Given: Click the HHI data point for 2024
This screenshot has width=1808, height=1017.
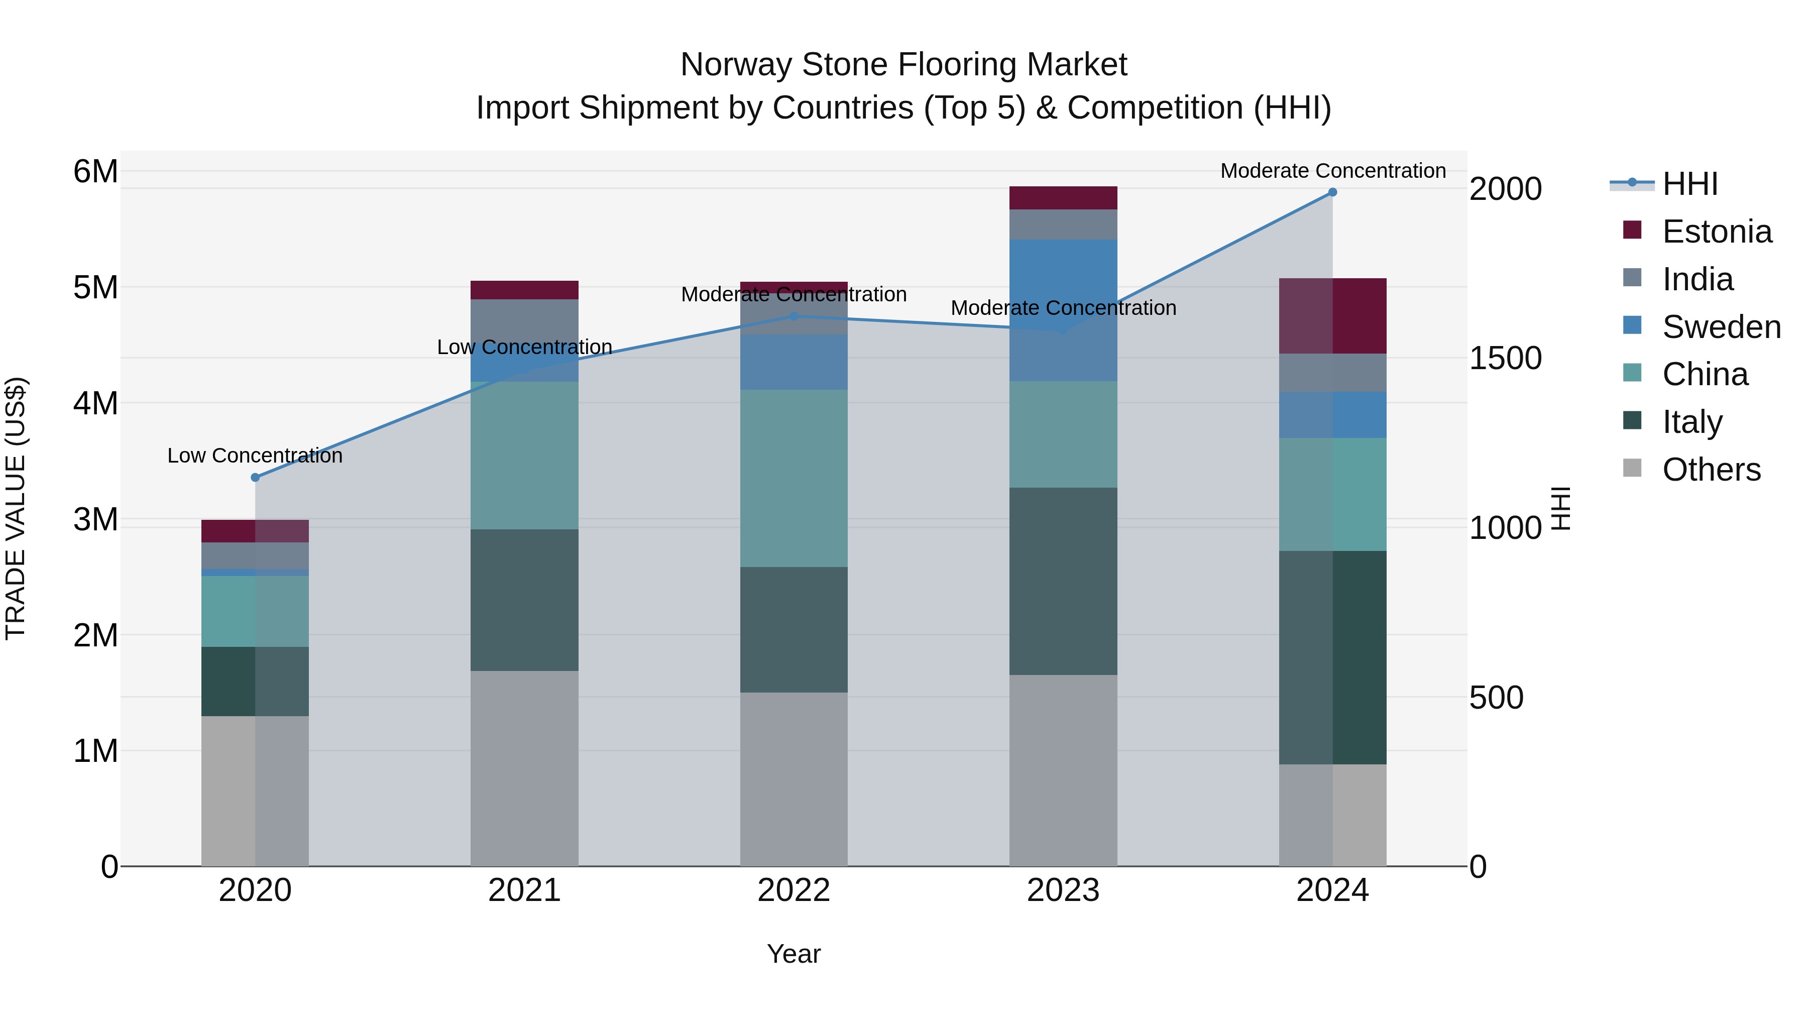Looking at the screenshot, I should (1332, 192).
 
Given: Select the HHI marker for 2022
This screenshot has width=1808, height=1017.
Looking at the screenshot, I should (794, 316).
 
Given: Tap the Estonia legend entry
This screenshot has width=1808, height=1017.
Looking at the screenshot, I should (1716, 232).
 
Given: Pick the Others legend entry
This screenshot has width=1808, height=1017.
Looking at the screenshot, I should (1711, 470).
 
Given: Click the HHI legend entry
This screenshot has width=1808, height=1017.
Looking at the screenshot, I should (1689, 184).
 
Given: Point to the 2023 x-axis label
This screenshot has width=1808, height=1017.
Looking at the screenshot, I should (1063, 890).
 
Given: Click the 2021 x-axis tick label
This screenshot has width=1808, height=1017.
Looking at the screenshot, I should (524, 890).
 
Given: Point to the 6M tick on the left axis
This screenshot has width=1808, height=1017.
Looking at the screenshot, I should (95, 171).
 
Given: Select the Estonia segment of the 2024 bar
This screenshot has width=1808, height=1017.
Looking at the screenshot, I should (1332, 316).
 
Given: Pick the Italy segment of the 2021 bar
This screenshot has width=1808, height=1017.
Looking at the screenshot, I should (524, 600).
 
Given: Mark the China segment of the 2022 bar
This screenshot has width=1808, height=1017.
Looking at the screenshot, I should (794, 478).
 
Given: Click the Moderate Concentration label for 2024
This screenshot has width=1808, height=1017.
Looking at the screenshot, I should (1332, 171).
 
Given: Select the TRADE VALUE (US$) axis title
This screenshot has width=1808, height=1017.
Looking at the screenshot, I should (16, 508).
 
